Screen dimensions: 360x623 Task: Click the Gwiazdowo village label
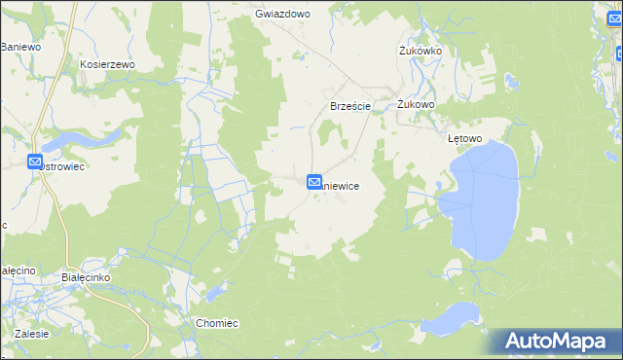coord(281,15)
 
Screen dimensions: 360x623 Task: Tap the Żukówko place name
coord(421,50)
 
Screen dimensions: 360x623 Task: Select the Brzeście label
coord(349,106)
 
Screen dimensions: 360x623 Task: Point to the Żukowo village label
coord(415,104)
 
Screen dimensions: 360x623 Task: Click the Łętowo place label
coord(464,138)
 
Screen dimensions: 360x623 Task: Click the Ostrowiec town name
coord(64,167)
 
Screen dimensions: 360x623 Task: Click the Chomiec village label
coord(217,323)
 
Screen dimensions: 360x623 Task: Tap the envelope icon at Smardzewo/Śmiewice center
coord(314,181)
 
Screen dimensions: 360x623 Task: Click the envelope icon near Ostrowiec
coord(35,162)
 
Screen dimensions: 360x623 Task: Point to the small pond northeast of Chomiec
coord(213,293)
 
